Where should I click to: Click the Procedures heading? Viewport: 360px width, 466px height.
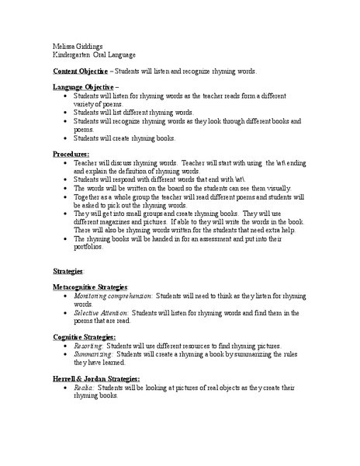(71, 155)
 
